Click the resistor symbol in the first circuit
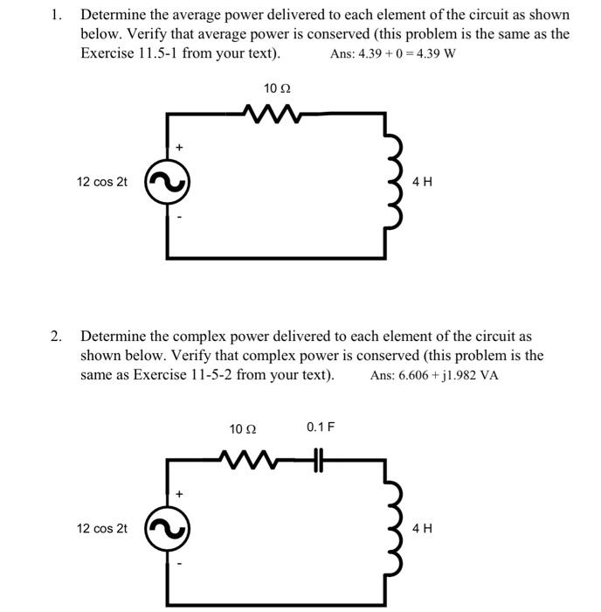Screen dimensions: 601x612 click(x=273, y=113)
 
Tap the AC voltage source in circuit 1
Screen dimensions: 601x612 click(x=166, y=183)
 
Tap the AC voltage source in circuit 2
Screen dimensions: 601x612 click(x=166, y=529)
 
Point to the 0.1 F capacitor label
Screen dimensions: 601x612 click(x=321, y=427)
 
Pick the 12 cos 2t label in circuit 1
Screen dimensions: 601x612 click(x=101, y=182)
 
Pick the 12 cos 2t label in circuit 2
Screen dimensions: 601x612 click(x=101, y=529)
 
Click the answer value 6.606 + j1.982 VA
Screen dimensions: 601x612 click(x=434, y=376)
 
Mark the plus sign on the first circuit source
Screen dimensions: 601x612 click(x=179, y=149)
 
